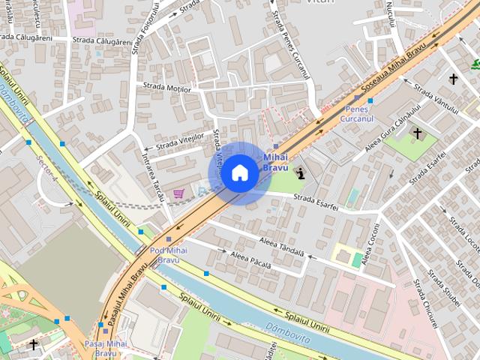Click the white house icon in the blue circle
(x=239, y=173)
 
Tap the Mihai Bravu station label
(x=275, y=162)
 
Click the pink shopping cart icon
(x=178, y=193)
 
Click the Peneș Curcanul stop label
(x=356, y=114)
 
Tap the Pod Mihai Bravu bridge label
(x=169, y=255)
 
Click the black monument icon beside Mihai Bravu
(x=301, y=174)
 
